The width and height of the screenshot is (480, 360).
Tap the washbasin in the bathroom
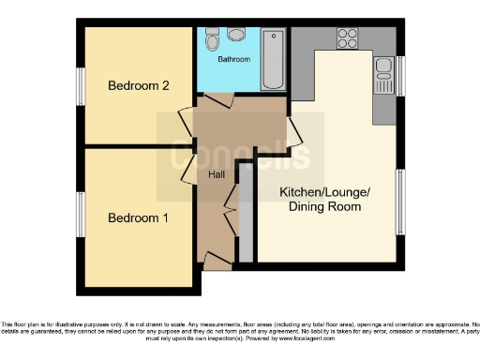point(234,35)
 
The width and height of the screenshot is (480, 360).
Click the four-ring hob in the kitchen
point(348,38)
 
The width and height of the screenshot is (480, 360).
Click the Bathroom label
point(234,60)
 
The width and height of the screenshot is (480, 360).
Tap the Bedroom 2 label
point(138,86)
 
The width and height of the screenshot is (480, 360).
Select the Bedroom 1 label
point(138,218)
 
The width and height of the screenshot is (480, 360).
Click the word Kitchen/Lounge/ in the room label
point(325,192)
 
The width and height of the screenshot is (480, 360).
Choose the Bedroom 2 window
point(81,87)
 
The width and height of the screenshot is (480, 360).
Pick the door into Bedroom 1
point(187,166)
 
